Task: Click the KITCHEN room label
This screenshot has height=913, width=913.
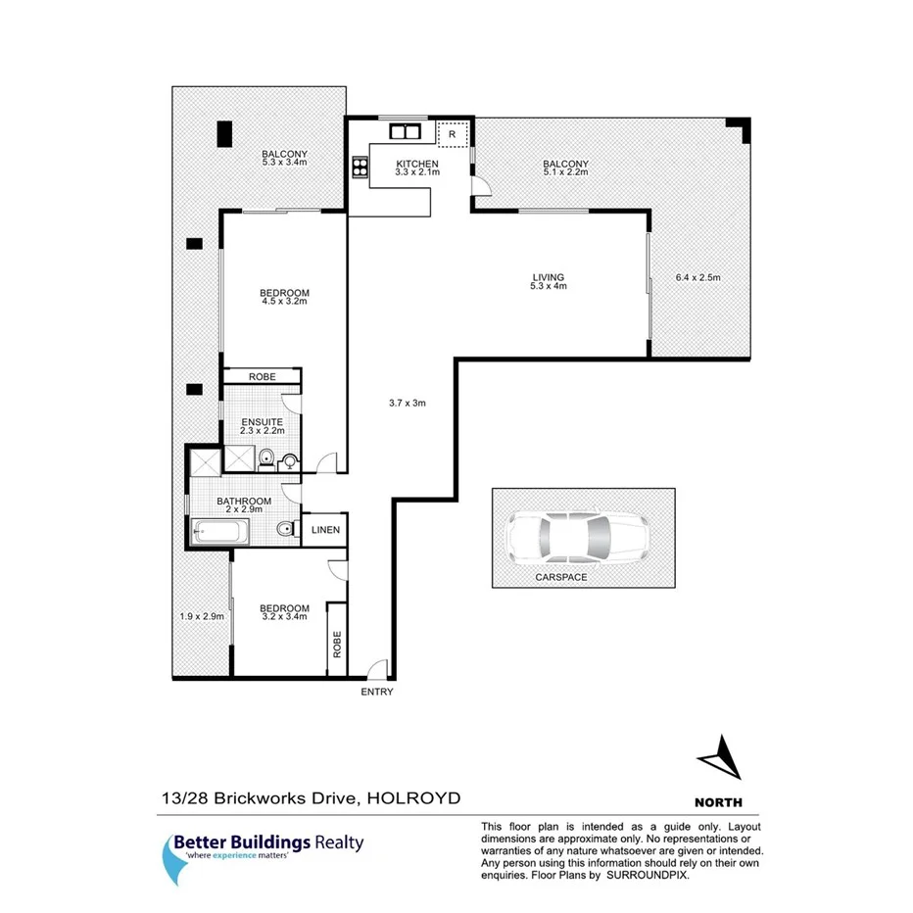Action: click(x=416, y=163)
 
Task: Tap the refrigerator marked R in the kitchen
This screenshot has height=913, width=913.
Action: click(x=453, y=134)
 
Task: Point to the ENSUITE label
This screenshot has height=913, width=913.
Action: click(x=262, y=422)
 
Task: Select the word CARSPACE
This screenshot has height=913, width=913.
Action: click(x=561, y=578)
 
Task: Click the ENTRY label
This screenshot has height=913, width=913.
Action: click(x=377, y=692)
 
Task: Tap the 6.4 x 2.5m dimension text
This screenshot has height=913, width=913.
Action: click(x=697, y=277)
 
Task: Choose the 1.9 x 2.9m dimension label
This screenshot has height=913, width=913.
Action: click(x=203, y=616)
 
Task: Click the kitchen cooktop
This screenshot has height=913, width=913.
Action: click(x=358, y=168)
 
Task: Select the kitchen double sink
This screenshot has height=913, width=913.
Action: click(x=404, y=130)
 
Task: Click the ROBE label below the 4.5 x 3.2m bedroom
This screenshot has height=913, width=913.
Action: click(x=262, y=377)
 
